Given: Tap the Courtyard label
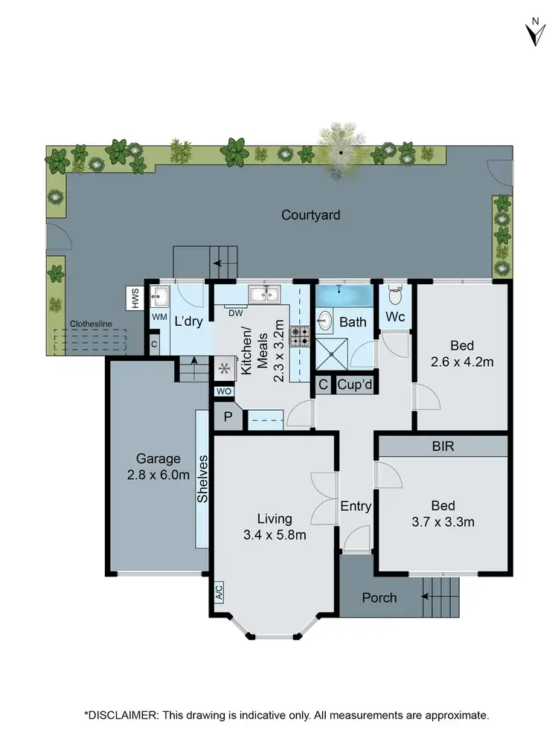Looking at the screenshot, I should (x=311, y=215).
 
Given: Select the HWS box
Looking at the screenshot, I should (x=135, y=299).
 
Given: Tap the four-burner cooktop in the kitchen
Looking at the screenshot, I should (x=299, y=337).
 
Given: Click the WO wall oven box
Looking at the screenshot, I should (x=223, y=391).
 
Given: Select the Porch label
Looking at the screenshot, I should (x=379, y=597).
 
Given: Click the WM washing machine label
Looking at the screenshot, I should (x=158, y=317).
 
